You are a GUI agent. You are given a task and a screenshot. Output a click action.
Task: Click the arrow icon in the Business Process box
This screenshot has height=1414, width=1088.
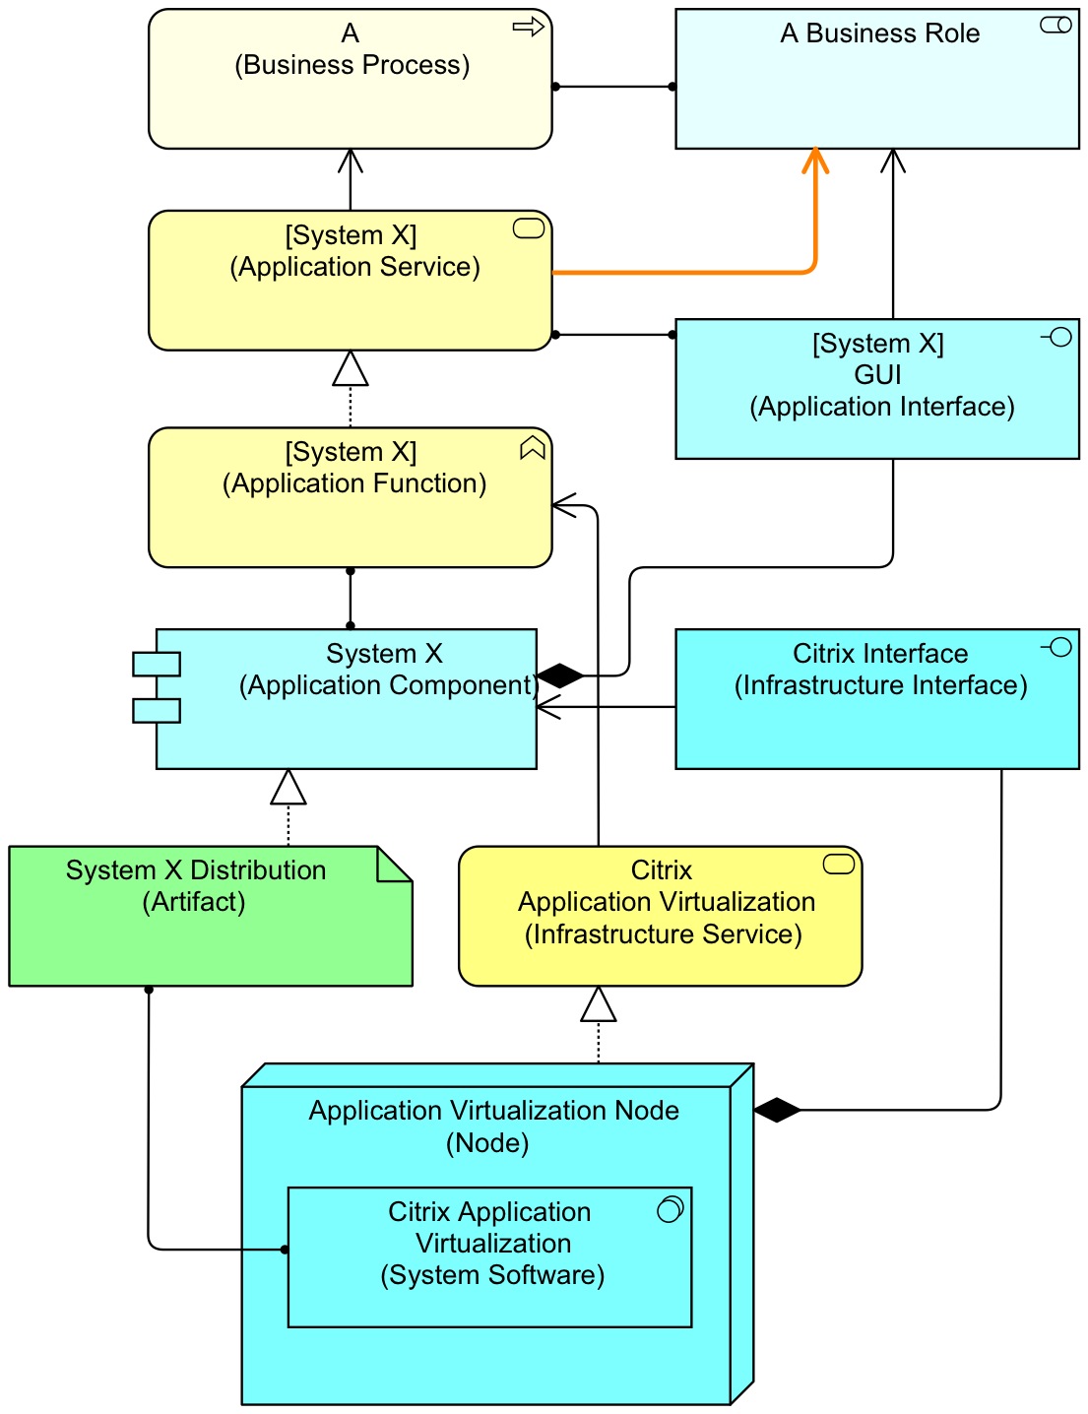click(x=529, y=28)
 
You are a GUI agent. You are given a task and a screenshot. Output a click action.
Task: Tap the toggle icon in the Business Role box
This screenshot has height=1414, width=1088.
click(x=1056, y=26)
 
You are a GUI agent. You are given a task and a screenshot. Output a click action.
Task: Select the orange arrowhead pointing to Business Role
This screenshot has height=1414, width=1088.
click(x=814, y=161)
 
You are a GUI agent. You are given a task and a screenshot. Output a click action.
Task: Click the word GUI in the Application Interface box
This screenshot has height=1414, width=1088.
click(x=877, y=375)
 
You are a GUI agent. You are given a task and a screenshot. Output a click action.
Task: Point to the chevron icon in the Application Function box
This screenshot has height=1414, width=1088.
click(x=532, y=448)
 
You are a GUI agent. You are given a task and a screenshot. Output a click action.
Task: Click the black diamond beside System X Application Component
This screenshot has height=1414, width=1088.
click(x=560, y=675)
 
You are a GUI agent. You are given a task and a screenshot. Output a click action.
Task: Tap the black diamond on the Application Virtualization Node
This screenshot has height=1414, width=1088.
click(x=777, y=1110)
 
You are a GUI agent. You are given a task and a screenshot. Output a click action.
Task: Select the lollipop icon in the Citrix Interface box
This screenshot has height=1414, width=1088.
click(x=1057, y=647)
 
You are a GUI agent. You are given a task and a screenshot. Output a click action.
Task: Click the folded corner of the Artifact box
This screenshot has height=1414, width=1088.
click(x=394, y=864)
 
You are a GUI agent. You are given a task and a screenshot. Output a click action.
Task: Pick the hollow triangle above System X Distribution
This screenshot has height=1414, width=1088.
click(x=288, y=788)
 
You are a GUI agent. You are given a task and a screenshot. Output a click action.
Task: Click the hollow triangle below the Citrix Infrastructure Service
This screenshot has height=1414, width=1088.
click(x=599, y=1004)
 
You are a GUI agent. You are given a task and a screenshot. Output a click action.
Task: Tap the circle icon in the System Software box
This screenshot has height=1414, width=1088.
click(x=670, y=1209)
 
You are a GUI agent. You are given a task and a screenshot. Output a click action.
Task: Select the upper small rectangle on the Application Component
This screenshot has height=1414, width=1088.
click(x=157, y=664)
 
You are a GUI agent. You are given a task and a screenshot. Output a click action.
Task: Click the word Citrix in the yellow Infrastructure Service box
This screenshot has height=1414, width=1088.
click(x=661, y=870)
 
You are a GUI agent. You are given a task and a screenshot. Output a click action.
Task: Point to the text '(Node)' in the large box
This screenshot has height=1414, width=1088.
click(x=487, y=1143)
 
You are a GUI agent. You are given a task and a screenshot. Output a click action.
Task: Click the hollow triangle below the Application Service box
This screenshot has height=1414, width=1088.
click(x=351, y=369)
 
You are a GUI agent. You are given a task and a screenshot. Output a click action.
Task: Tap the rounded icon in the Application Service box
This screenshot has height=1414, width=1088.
click(x=529, y=229)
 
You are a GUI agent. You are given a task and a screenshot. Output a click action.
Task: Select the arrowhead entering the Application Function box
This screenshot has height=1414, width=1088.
click(x=564, y=506)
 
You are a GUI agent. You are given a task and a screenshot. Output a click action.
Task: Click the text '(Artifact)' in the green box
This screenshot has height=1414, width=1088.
click(x=194, y=902)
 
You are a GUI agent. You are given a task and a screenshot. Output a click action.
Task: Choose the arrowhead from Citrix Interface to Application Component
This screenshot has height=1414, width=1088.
click(x=548, y=707)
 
